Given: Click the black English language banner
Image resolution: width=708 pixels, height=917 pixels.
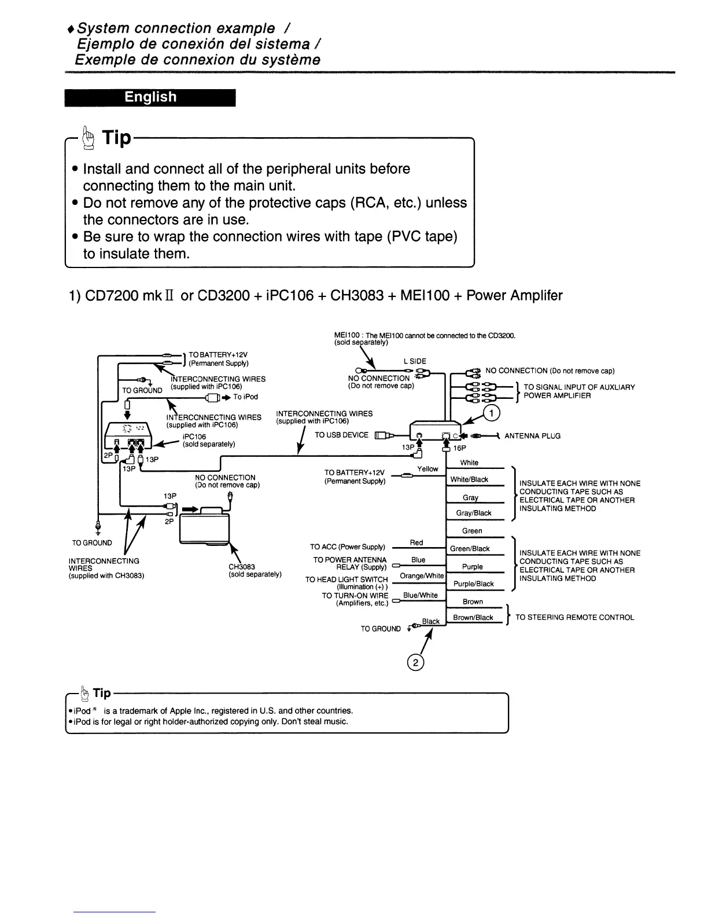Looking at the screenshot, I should pos(150,97).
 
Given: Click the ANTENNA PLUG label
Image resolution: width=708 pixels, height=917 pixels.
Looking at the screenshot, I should pos(532,436).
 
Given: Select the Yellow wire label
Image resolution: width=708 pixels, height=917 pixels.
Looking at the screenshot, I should pos(427,469).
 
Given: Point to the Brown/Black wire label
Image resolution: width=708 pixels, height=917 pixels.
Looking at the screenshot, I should pos(473,618).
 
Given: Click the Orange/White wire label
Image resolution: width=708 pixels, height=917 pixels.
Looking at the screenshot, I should pos(422,576).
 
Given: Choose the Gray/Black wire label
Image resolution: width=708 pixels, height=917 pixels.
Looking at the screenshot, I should pos(474,513).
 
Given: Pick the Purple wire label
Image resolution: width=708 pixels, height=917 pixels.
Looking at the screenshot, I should pos(472,567).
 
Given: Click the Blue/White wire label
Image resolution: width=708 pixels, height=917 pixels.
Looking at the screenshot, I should pos(420,595).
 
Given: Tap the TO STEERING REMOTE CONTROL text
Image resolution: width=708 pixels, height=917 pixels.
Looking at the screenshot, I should pos(574,618).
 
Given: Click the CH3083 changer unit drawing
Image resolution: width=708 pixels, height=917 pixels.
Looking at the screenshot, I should pos(205,524).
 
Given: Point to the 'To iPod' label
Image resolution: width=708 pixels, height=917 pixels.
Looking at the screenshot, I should pos(246,397).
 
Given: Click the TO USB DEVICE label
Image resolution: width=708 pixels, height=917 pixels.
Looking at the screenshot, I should pos(341,435).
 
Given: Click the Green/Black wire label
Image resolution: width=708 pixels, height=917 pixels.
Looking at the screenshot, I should pos(470,549).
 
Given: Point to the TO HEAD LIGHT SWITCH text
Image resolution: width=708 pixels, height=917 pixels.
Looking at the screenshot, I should pos(346,579).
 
